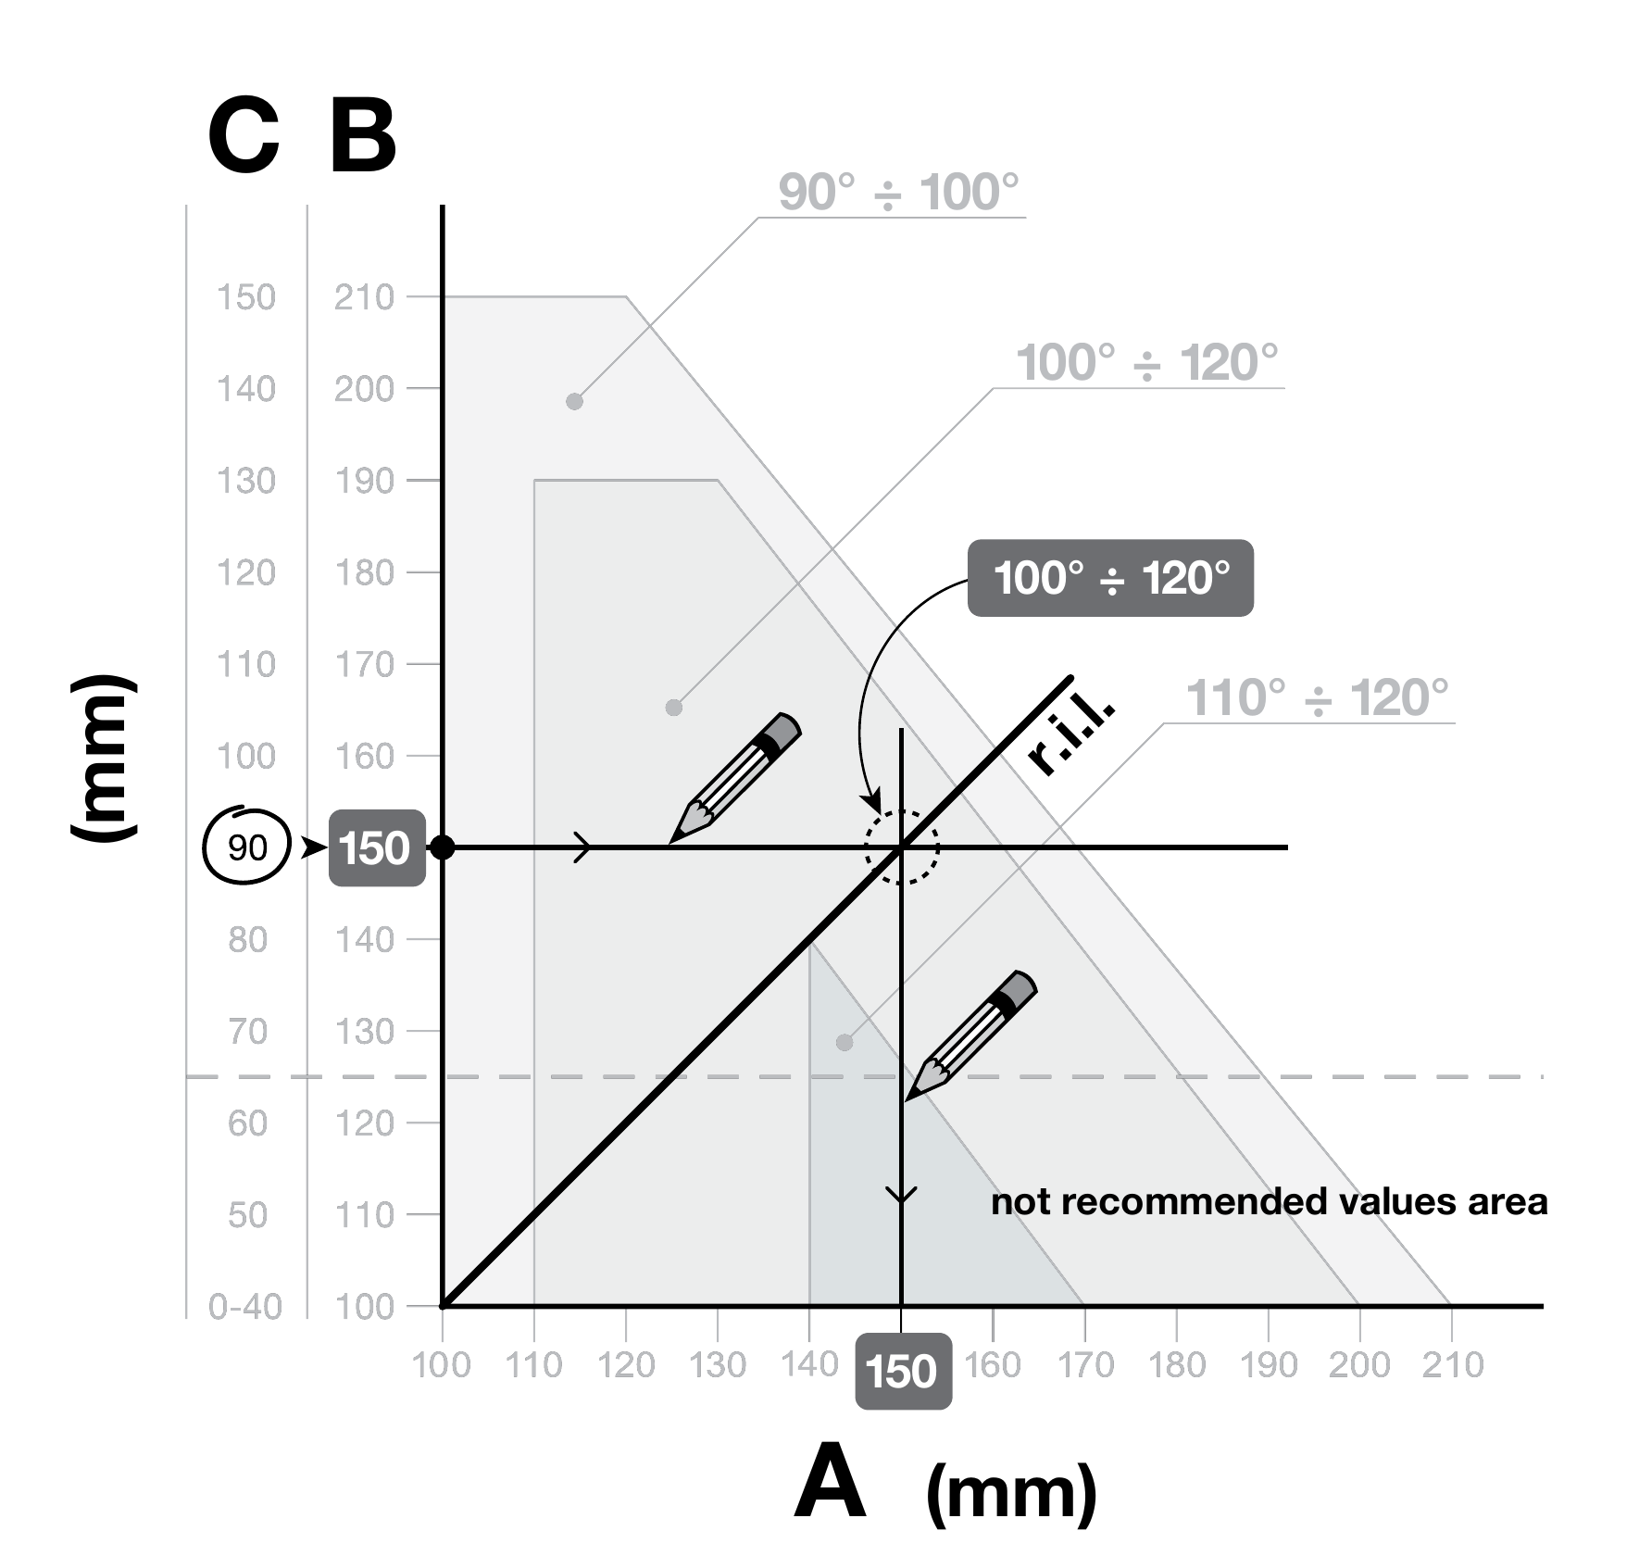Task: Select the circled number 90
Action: [x=247, y=847]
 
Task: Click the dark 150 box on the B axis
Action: [x=377, y=848]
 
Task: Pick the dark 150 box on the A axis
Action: [x=903, y=1371]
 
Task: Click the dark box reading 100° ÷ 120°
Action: [x=1110, y=578]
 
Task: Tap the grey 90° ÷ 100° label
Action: [x=898, y=193]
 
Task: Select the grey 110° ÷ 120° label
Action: [x=1317, y=698]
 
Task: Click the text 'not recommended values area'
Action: [x=1269, y=1201]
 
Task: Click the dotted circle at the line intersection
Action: [x=902, y=811]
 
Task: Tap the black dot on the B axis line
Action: [x=444, y=847]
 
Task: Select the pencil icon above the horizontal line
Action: [x=734, y=778]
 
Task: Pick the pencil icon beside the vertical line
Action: [x=970, y=1036]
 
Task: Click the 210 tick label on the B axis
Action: [x=364, y=297]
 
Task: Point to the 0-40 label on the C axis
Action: [x=245, y=1306]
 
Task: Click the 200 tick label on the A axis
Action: [x=1359, y=1364]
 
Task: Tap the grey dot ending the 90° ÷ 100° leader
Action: [x=574, y=401]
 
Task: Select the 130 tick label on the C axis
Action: [x=246, y=481]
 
